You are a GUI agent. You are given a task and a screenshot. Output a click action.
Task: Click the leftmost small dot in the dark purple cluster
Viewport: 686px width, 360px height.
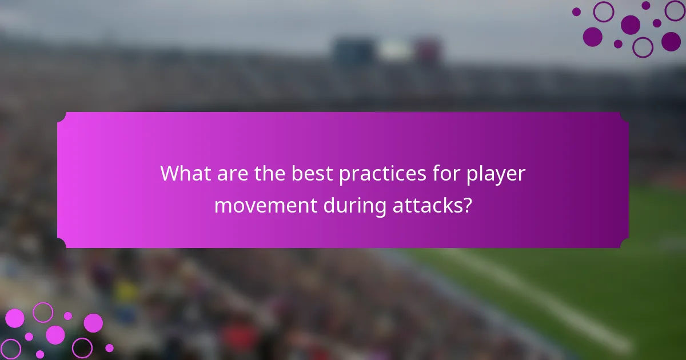point(576,11)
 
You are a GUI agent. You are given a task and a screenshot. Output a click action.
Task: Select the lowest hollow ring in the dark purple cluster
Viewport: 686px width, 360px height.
point(643,47)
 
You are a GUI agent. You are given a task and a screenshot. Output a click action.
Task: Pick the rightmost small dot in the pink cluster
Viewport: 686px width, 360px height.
point(109,348)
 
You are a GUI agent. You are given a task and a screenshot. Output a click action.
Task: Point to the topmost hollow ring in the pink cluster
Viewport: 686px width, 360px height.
point(43,312)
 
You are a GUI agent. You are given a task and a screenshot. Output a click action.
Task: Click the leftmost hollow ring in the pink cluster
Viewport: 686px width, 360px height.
point(11,349)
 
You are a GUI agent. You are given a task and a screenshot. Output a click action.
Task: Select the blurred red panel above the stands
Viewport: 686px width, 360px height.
point(427,50)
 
